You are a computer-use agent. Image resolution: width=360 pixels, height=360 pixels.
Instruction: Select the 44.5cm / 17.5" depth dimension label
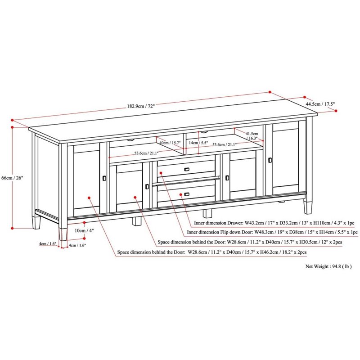(x=320, y=104)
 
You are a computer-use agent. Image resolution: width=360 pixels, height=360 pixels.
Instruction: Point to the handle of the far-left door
(x=104, y=179)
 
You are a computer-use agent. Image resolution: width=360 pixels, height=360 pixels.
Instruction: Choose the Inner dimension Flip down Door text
(x=272, y=233)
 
